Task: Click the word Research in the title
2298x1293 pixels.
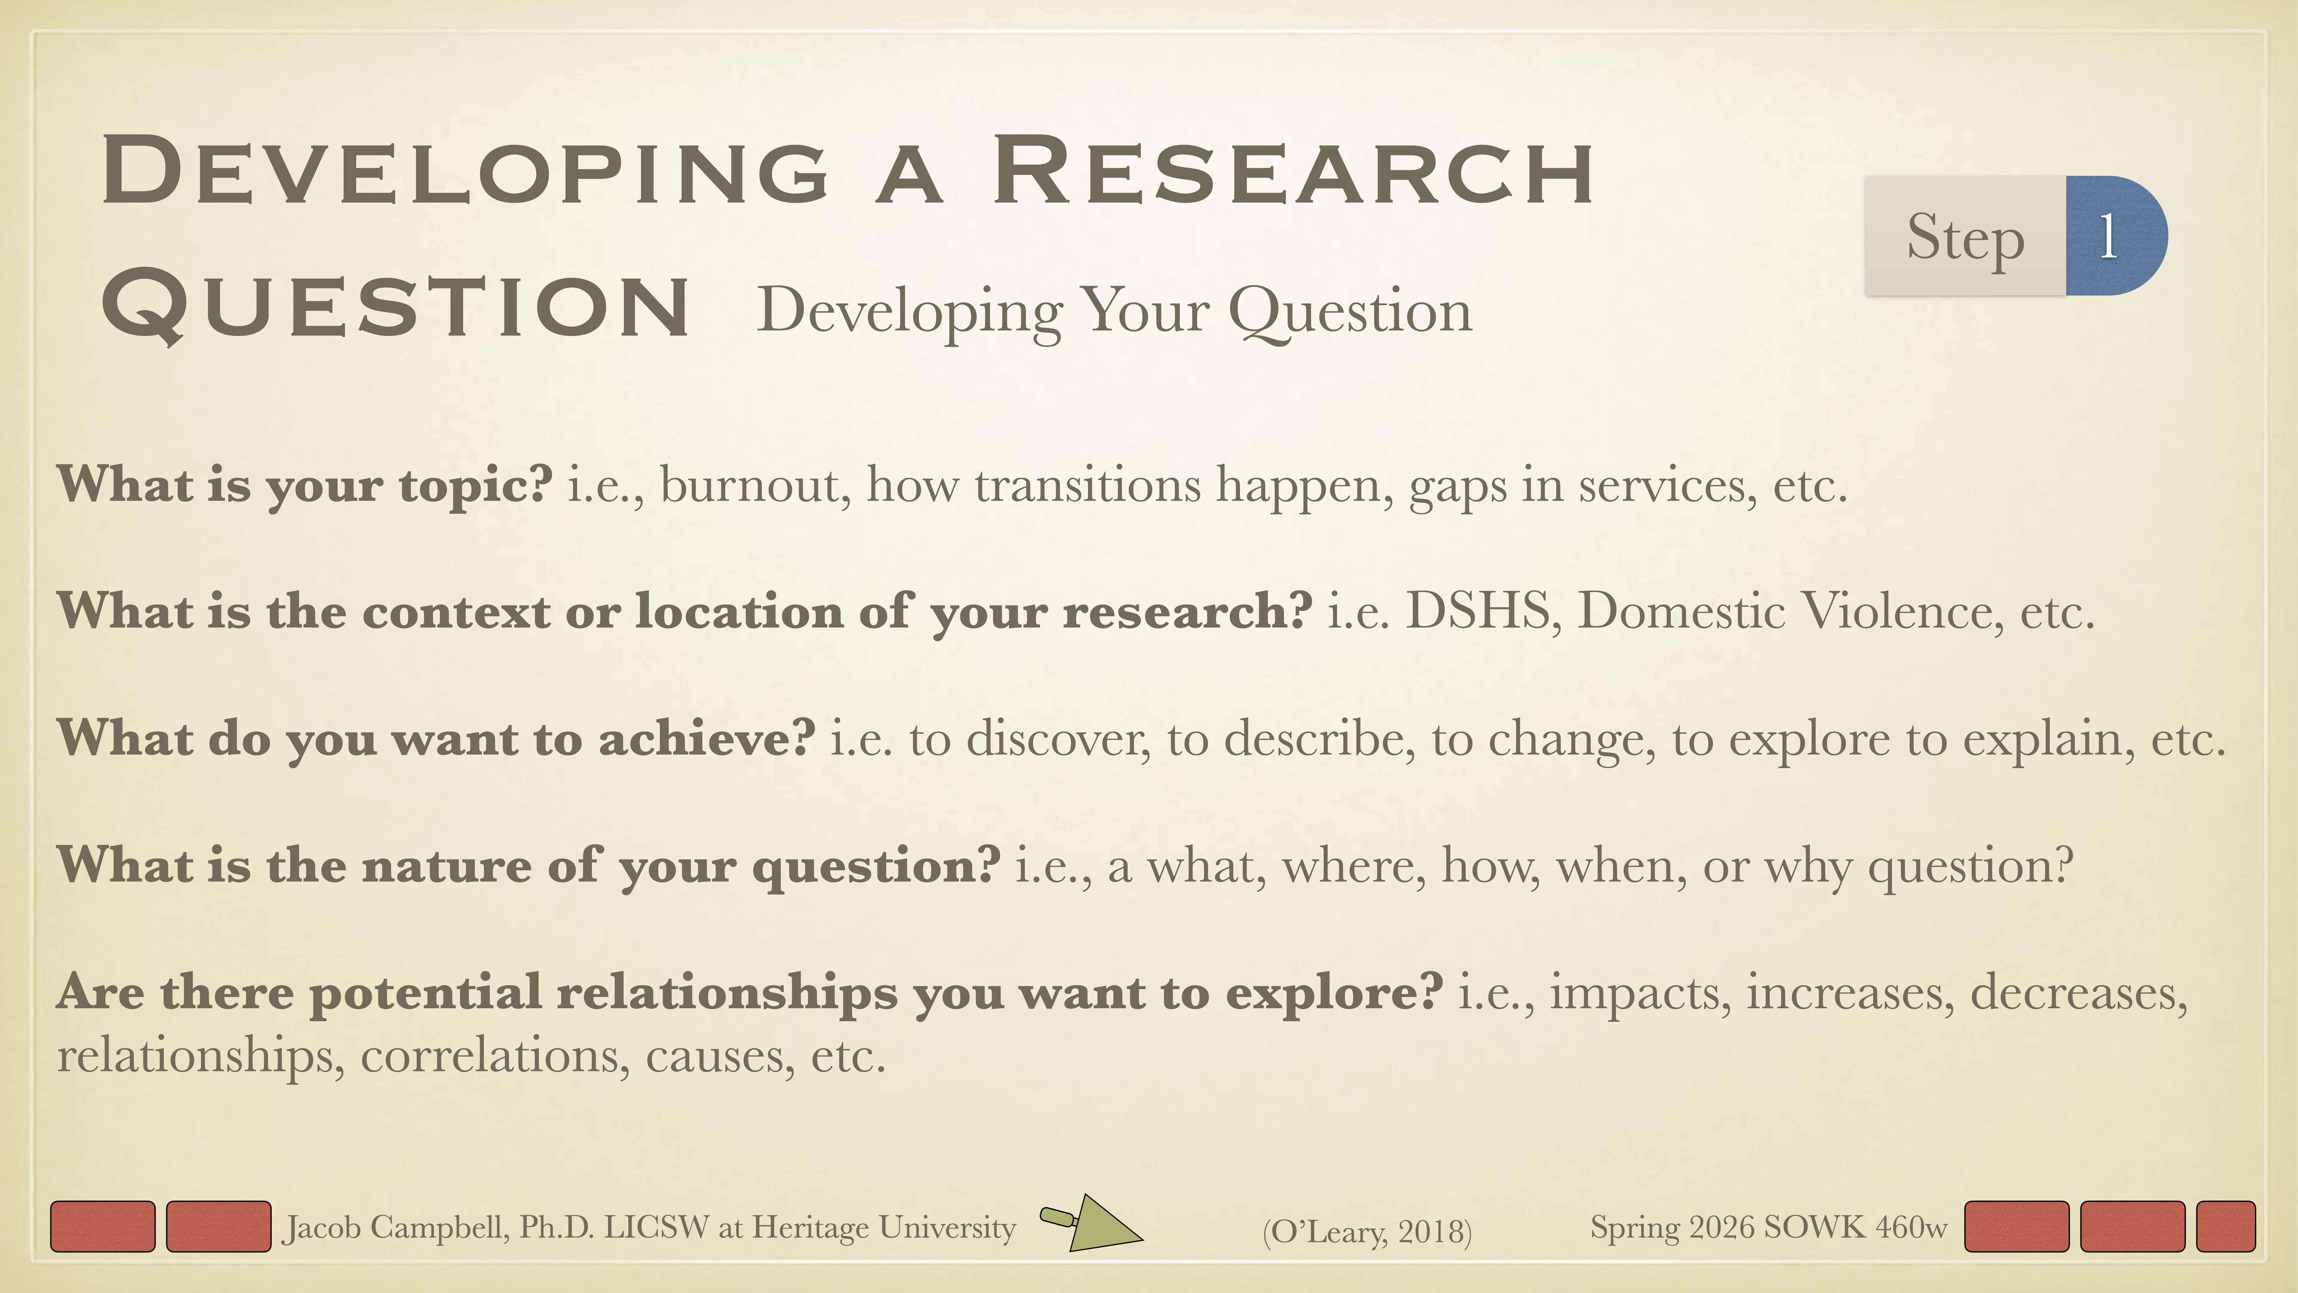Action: point(1294,171)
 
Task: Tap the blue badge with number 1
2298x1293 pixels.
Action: point(2114,236)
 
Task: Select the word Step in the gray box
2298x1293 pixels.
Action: point(1965,237)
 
